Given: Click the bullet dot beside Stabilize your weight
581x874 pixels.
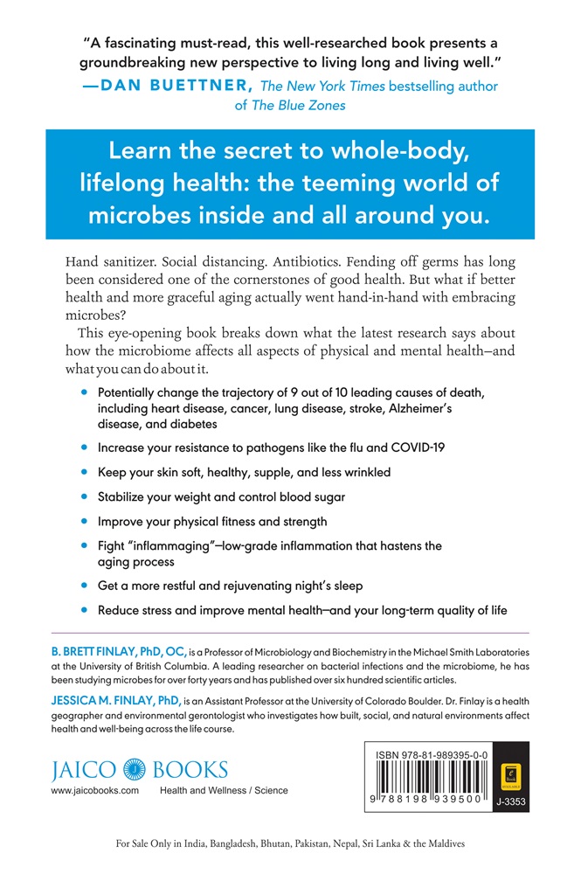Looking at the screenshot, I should coord(84,496).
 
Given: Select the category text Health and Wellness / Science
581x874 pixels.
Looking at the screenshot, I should coord(224,791).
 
